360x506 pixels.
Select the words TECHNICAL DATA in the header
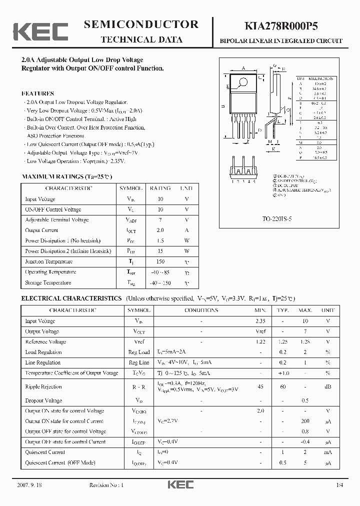pos(142,40)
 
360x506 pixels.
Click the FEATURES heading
pos(38,93)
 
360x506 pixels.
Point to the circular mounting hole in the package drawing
pos(243,82)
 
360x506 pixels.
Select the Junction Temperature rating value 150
pos(160,261)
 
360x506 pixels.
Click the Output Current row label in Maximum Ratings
pos(41,230)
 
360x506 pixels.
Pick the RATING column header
pos(160,188)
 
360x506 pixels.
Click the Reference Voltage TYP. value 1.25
pos(283,341)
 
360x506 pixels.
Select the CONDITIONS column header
pos(201,310)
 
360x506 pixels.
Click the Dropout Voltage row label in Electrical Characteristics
pos(43,400)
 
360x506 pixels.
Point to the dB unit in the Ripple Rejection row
pos(328,386)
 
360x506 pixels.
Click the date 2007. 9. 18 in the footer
pos(29,485)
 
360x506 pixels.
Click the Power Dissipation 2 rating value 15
pos(160,251)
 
